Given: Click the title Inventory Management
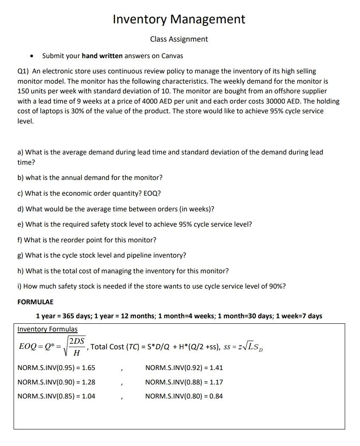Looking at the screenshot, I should pos(179,19).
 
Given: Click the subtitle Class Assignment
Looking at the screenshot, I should pos(179,39).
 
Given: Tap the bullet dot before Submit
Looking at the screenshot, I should pos(31,56).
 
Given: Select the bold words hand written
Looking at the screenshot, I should pos(102,56).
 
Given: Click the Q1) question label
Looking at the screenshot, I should pos(23,71).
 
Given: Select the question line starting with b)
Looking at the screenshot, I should pos(90,177).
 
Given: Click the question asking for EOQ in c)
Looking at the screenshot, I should pos(89,193).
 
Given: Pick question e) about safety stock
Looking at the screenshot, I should pos(135,224).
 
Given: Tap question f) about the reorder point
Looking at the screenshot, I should pos(87,240).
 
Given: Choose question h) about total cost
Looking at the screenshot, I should pos(123,271).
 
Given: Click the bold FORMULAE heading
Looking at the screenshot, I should pos(36,302).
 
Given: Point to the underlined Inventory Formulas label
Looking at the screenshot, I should pos(48,329).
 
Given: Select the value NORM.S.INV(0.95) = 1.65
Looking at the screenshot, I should pos(56,368).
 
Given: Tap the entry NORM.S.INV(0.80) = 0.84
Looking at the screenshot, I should pos(184,396).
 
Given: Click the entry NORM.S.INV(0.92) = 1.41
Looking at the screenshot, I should pos(184,368).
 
